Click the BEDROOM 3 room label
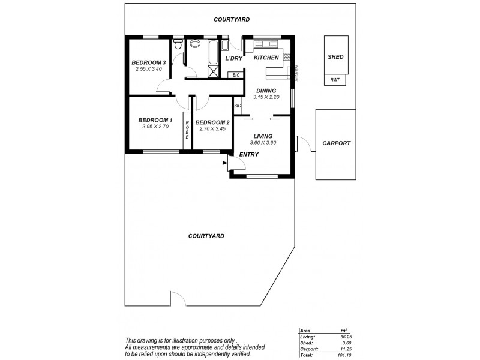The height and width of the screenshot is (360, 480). (148, 63)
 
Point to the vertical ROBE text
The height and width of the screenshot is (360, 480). (187, 130)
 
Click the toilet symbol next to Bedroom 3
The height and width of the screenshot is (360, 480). (177, 46)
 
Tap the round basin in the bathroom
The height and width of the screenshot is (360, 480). (196, 44)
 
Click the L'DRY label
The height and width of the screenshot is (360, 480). (233, 58)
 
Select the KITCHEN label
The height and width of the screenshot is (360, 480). (266, 58)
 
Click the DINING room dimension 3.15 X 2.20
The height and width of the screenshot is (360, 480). (266, 97)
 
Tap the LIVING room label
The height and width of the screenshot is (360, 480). (263, 136)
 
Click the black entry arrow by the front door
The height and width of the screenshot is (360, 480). (225, 162)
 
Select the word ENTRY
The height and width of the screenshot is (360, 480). (248, 155)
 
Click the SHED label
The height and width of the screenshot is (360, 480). (335, 57)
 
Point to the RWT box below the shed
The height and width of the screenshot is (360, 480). (335, 81)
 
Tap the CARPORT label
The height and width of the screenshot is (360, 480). (336, 143)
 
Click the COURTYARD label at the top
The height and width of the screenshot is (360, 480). (232, 20)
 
